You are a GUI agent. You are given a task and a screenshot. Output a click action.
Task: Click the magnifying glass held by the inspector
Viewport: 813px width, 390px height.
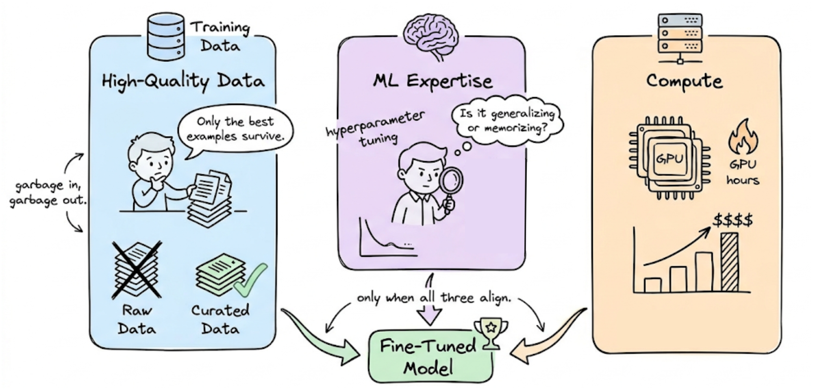click(451, 181)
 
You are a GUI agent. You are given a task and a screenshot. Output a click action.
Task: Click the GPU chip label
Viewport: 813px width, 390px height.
click(669, 158)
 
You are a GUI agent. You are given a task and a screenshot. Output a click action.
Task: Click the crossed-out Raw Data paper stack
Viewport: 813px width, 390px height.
click(137, 269)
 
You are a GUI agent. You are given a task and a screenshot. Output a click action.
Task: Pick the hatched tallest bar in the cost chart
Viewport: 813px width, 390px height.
click(729, 262)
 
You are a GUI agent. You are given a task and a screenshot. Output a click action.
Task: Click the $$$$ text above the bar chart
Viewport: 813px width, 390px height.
click(733, 220)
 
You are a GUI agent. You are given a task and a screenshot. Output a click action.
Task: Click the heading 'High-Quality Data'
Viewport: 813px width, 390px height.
click(183, 81)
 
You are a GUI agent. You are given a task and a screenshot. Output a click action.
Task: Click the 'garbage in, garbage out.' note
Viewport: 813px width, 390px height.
click(48, 193)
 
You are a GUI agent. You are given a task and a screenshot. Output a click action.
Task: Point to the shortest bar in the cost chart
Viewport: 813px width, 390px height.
click(652, 285)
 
